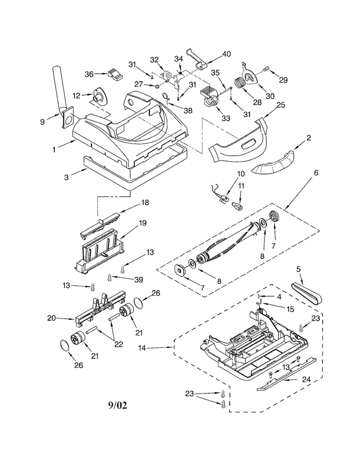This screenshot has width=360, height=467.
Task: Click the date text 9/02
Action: click(118, 405)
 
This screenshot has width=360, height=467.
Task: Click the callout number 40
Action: click(226, 54)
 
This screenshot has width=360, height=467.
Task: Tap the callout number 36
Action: click(89, 74)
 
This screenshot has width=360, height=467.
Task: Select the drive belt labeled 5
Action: click(308, 292)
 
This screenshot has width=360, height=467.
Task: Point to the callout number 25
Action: click(281, 105)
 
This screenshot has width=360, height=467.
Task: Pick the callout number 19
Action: click(143, 223)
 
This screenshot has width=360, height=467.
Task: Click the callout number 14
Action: click(142, 347)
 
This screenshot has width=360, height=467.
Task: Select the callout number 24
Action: click(306, 380)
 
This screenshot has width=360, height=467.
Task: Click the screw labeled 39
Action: click(109, 278)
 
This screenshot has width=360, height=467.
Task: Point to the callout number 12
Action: click(77, 96)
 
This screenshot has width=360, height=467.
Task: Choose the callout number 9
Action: click(43, 122)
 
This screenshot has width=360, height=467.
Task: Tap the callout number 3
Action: click(66, 177)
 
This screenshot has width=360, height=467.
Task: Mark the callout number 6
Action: click(316, 173)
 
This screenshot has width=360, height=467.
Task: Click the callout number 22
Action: click(119, 344)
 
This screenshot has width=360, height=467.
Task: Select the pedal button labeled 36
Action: click(115, 74)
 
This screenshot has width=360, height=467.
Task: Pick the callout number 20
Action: click(52, 318)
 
